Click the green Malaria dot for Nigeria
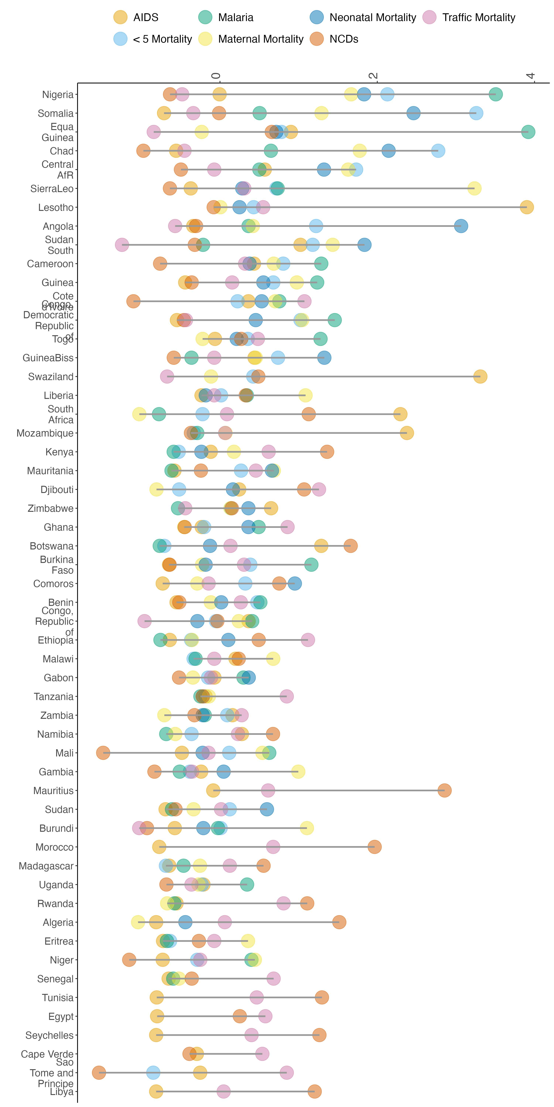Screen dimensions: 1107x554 pos(495,94)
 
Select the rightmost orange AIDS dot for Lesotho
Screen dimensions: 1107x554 pos(526,207)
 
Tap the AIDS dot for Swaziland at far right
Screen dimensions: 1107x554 pos(480,376)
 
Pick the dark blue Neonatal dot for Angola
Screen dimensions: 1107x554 pos(461,226)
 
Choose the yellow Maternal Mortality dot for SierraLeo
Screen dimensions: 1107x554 pos(474,188)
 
